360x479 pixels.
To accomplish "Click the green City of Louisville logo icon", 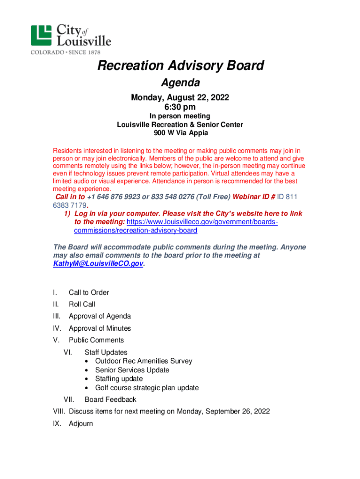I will point(41,35).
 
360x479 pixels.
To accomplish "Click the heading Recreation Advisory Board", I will point(180,66).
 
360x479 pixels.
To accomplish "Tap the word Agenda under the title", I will point(180,83).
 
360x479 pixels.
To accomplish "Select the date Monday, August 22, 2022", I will point(180,98).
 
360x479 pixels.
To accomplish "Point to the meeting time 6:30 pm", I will point(180,107).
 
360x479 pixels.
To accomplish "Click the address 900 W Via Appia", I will point(180,133).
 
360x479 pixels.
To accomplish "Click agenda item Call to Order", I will point(89,293).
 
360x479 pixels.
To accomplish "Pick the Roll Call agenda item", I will point(82,305).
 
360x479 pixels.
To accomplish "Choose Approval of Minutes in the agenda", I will point(100,328).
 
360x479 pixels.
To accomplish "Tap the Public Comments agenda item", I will point(96,340).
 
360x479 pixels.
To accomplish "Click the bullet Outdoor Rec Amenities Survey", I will point(144,361).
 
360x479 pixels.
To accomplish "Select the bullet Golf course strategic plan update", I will point(147,388).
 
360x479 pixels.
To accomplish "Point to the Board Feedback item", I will point(110,399).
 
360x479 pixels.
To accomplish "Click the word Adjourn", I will point(81,424).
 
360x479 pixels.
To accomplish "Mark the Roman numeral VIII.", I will point(59,412).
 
